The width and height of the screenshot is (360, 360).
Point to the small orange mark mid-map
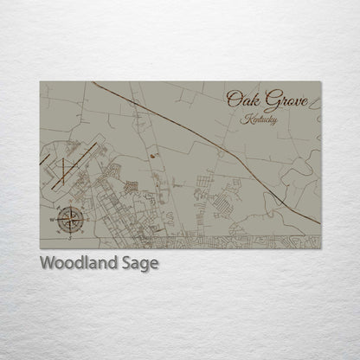154,156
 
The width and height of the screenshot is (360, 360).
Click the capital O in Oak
233,99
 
